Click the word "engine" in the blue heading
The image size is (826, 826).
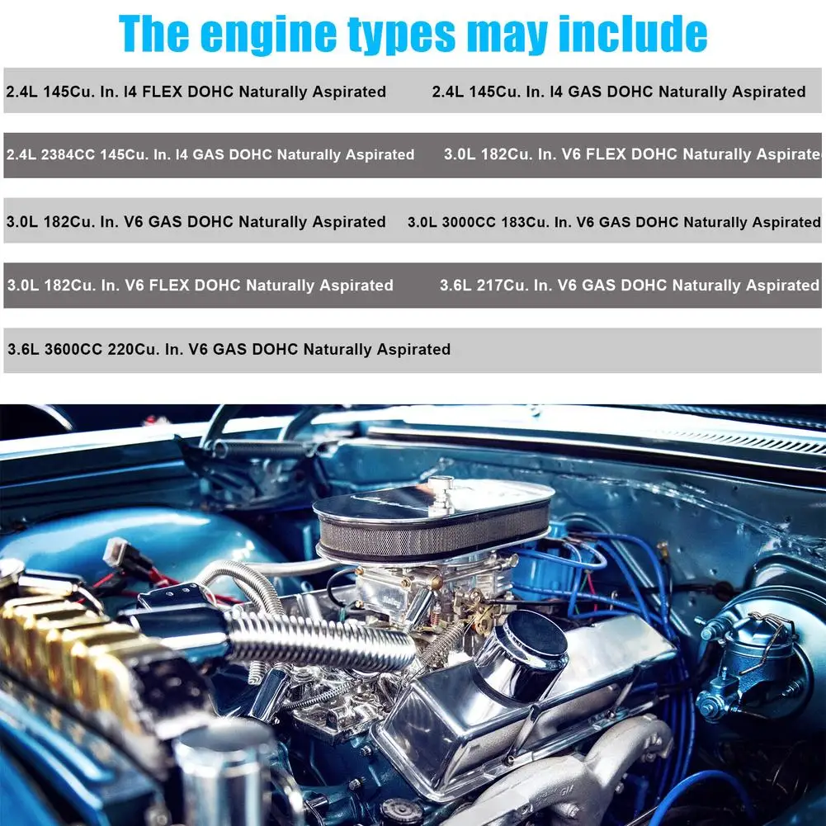(269, 35)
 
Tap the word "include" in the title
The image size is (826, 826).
(633, 33)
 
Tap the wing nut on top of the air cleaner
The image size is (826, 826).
(441, 494)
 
